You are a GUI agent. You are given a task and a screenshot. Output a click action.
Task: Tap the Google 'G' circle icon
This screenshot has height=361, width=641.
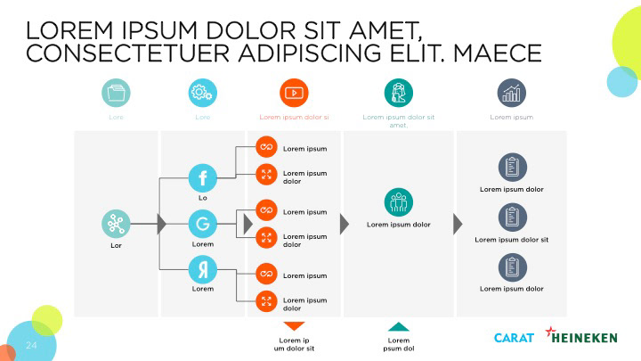coord(203,223)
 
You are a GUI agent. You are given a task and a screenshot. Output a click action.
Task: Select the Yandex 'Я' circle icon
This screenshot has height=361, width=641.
coord(203,268)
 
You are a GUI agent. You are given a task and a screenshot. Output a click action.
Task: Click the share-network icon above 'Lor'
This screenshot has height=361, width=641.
coord(115,223)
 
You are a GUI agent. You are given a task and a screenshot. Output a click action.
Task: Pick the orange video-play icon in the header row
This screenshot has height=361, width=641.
coord(294,92)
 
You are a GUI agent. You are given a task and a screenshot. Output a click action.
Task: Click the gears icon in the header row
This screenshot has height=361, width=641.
coord(203,92)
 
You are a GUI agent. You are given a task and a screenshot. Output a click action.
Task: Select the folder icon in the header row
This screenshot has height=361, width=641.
coord(116,92)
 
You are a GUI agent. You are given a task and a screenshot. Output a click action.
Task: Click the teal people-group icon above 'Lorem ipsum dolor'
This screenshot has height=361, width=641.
coord(398,202)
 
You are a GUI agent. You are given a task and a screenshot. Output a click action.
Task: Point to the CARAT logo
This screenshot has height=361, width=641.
coord(514,337)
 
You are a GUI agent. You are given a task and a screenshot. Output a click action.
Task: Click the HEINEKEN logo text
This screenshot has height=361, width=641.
coord(584,337)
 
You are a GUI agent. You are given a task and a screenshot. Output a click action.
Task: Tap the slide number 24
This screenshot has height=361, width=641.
coord(31,345)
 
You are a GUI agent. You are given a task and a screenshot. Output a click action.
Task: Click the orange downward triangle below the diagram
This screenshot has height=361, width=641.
coord(294,326)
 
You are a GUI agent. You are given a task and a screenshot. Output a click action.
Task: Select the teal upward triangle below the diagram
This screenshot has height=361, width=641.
coord(399,326)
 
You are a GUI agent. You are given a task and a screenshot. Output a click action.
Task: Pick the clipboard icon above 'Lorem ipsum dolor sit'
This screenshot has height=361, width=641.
coord(511,216)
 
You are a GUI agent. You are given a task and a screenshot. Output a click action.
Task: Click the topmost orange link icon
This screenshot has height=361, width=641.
coord(266,147)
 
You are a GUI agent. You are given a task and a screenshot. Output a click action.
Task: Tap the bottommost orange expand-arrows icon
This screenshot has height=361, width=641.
coord(266,301)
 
